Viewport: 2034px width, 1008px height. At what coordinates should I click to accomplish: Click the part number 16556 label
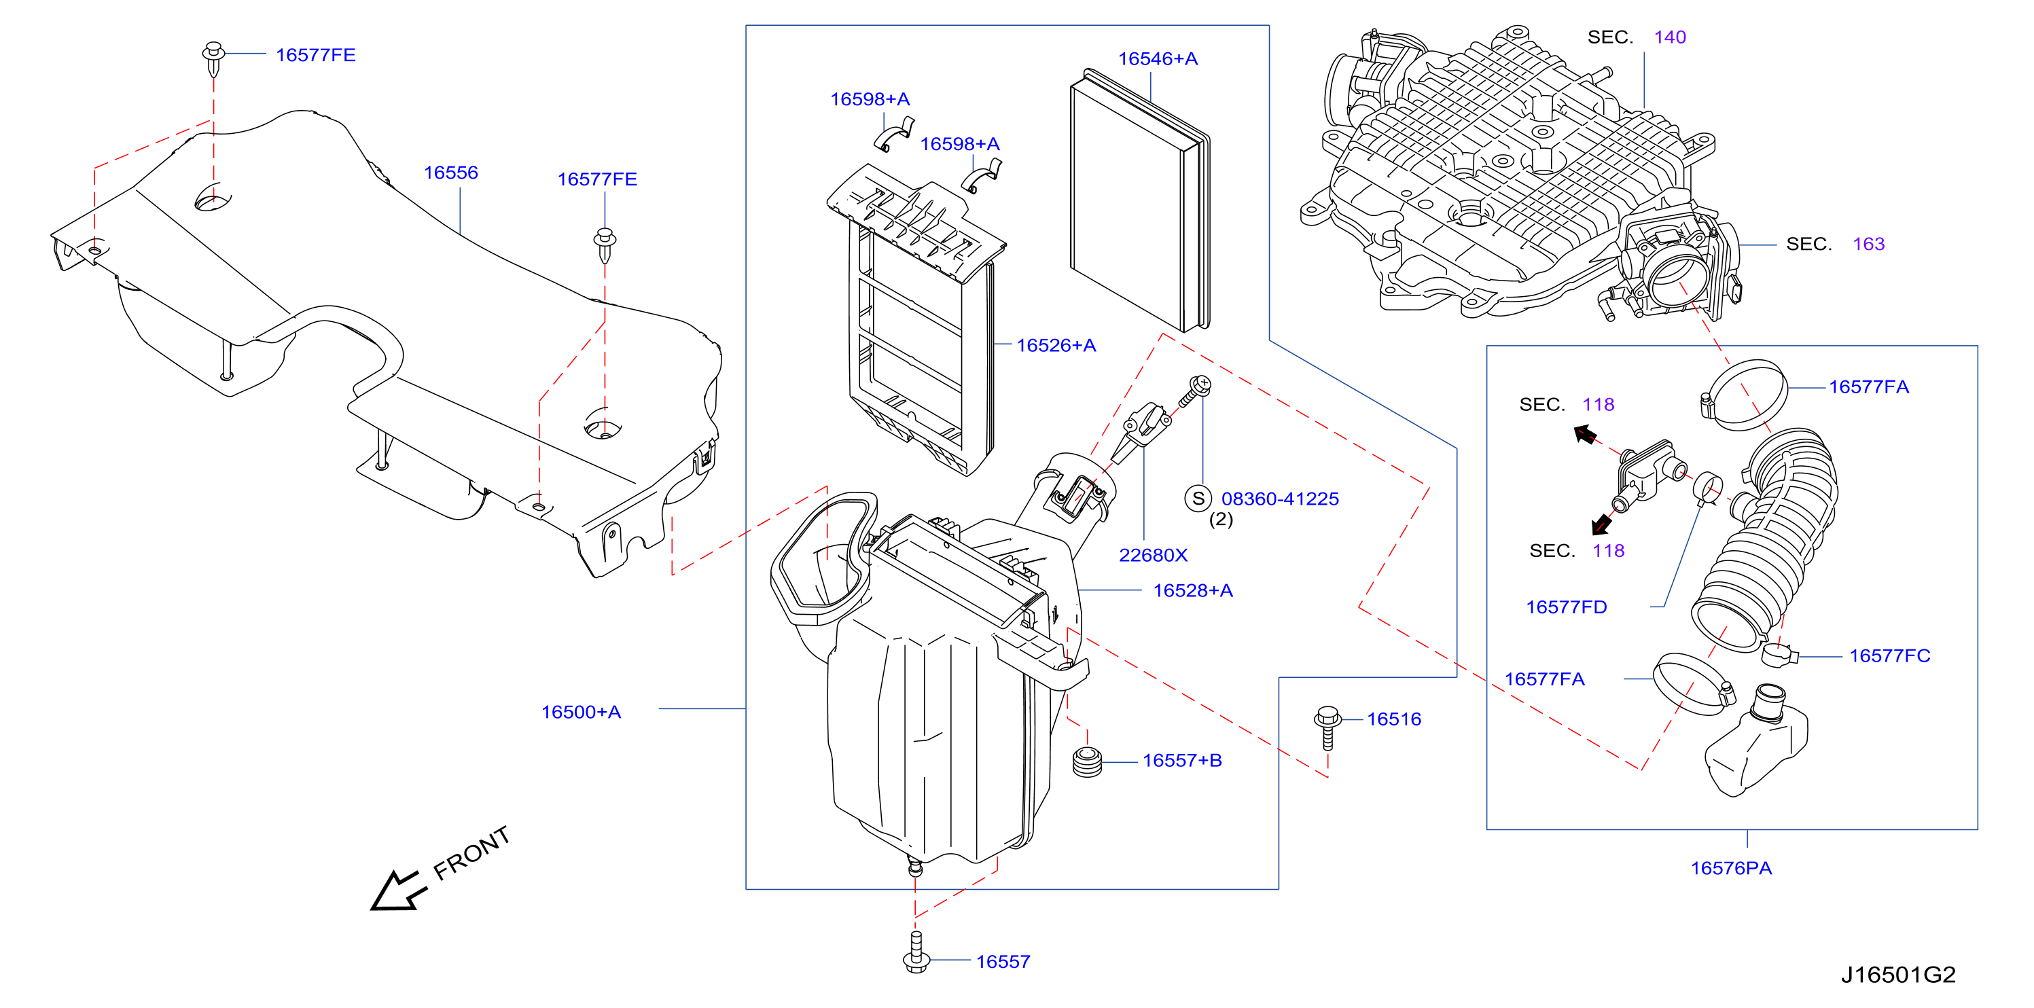tap(451, 172)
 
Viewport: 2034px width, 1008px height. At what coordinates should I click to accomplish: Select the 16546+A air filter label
tap(1158, 58)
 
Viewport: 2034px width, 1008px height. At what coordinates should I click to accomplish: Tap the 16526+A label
tap(1056, 345)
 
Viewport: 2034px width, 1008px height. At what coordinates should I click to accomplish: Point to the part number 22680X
tap(1153, 555)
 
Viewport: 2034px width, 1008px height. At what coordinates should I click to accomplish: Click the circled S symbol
tap(1198, 498)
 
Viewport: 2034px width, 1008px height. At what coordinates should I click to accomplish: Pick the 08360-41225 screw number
tap(1280, 499)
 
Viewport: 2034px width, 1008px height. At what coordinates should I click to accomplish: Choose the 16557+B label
tap(1182, 760)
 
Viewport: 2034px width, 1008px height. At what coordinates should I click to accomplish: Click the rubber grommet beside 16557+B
tap(1087, 760)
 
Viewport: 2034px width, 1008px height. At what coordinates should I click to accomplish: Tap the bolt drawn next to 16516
tap(1327, 727)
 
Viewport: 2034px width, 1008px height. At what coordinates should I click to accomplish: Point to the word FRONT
tap(471, 852)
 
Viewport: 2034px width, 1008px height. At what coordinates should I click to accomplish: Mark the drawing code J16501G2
tap(1898, 975)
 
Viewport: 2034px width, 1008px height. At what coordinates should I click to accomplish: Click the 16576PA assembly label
tap(1731, 868)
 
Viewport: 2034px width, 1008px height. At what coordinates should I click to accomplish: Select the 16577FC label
tap(1889, 656)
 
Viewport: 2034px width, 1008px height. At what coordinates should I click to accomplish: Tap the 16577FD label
tap(1567, 607)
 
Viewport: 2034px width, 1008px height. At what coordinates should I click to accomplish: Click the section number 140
tap(1670, 37)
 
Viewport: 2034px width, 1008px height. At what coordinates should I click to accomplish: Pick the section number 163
tap(1868, 244)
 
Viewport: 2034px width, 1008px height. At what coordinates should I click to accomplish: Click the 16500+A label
tap(581, 712)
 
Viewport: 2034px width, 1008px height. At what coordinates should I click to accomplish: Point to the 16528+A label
tap(1193, 590)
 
